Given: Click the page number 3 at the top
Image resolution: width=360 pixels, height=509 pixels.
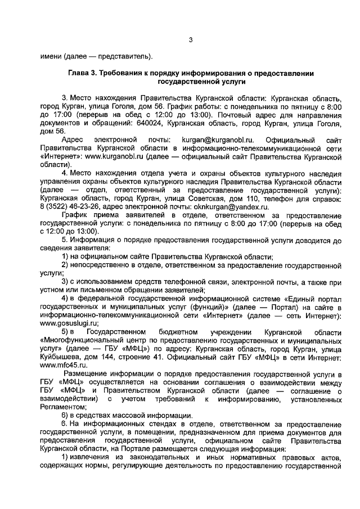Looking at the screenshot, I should point(191,39).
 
